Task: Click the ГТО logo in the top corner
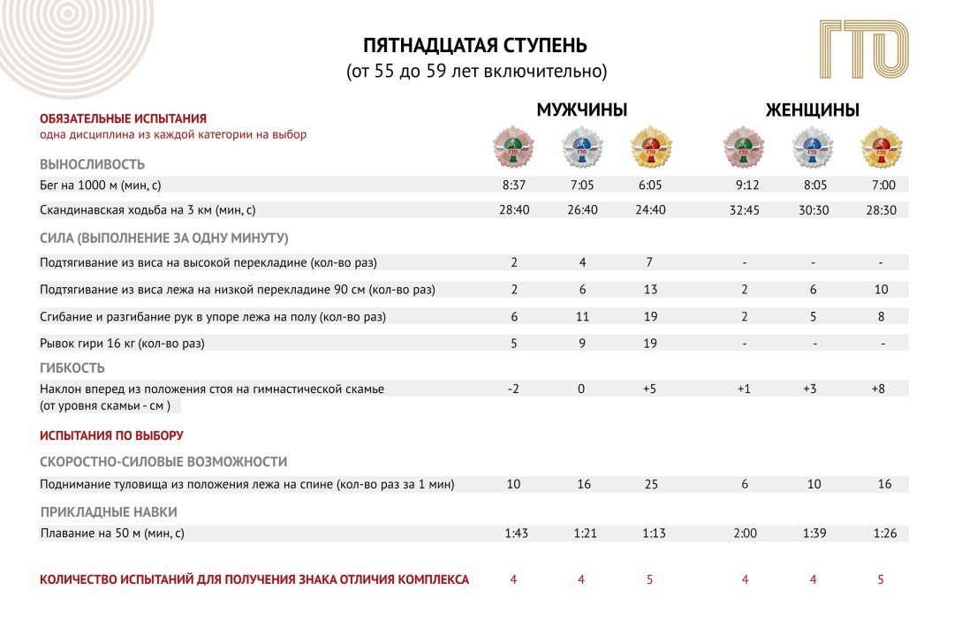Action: coord(864,52)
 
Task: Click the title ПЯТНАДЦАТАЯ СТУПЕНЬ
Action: coord(475,46)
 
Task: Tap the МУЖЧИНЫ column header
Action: coord(582,110)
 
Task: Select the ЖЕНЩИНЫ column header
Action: coord(812,110)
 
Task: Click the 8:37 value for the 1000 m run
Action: coord(513,185)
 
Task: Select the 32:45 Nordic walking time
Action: coord(745,210)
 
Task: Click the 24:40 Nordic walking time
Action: coord(649,210)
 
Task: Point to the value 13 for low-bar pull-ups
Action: coord(649,290)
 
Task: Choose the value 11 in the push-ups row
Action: coord(581,316)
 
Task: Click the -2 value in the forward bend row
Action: coord(513,389)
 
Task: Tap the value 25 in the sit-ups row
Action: coord(649,484)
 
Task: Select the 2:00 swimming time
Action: coord(745,534)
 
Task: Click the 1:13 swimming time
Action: coord(649,534)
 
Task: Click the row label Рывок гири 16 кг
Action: coord(128,343)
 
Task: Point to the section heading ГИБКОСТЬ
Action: coord(72,368)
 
